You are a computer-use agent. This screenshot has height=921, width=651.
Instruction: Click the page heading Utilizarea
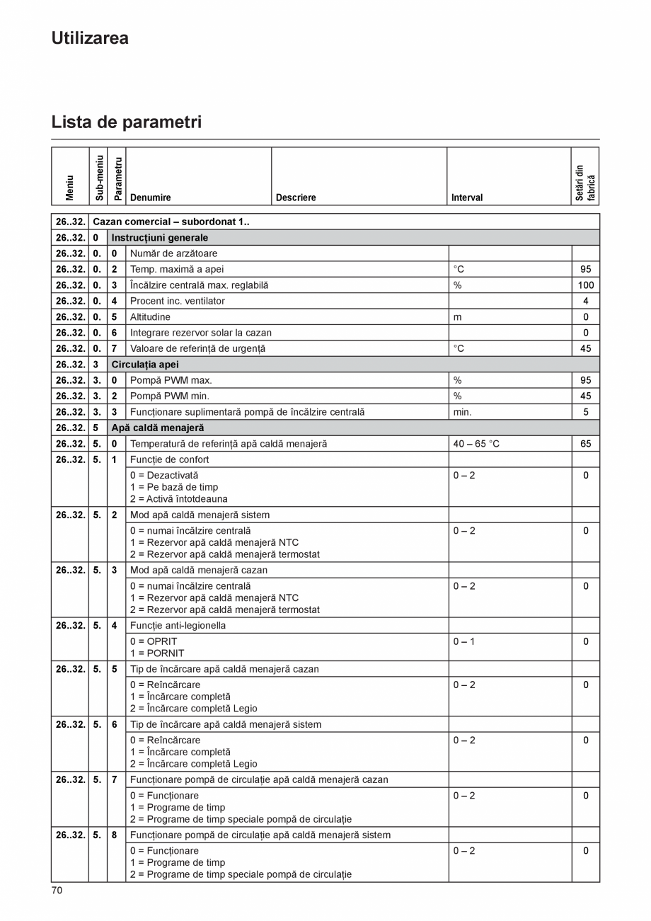(90, 38)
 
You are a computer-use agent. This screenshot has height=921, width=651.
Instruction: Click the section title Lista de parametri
(126, 122)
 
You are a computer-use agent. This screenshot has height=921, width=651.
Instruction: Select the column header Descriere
(296, 198)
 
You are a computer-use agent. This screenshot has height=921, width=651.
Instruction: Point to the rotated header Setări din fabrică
(585, 183)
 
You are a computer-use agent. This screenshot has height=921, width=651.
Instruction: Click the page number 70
(57, 890)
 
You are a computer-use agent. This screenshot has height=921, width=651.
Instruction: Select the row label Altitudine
(150, 317)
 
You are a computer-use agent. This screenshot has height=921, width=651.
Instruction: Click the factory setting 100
(585, 285)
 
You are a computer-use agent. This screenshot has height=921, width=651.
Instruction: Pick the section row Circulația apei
(145, 365)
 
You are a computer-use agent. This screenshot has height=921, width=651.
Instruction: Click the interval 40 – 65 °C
(476, 444)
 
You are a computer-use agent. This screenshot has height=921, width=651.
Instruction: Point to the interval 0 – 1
(464, 641)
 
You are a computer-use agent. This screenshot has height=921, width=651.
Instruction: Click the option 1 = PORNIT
(157, 653)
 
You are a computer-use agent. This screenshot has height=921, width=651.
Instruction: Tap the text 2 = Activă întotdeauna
(178, 499)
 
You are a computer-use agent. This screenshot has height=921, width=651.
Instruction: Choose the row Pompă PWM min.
(170, 396)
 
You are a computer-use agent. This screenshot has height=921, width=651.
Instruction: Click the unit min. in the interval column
(462, 412)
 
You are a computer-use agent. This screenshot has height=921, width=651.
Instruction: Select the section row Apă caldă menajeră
(157, 428)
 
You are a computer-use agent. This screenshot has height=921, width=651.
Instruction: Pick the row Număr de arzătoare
(173, 253)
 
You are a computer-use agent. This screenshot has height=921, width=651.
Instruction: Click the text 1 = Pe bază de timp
(174, 487)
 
